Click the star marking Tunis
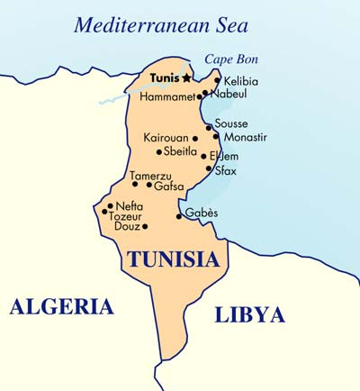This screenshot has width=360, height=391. click(186, 78)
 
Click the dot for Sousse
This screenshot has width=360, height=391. click(209, 126)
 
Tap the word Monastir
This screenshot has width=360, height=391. click(245, 137)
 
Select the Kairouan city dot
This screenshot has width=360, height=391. click(195, 139)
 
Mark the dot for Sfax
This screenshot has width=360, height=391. click(209, 168)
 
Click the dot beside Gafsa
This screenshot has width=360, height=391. click(148, 185)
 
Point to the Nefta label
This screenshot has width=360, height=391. click(130, 206)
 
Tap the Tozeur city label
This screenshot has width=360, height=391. click(127, 217)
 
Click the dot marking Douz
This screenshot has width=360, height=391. click(144, 226)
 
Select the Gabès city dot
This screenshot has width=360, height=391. click(178, 215)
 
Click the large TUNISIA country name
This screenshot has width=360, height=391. click(173, 260)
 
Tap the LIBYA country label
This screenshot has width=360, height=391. click(250, 314)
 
